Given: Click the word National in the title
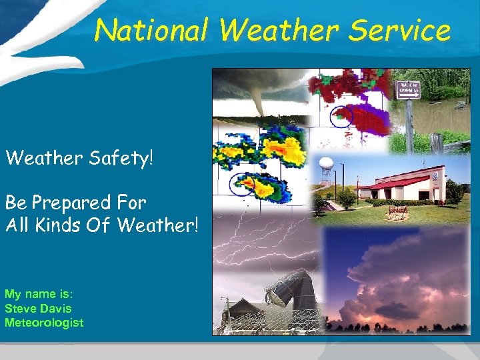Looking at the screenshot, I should coord(151,31).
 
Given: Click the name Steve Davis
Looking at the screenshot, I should coord(38,309).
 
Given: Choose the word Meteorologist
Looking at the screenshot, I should coord(44,323).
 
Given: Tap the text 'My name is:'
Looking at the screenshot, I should coord(33,294).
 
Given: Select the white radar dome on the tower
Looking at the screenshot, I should coord(327,164).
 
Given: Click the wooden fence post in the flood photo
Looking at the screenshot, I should coord(437,143).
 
